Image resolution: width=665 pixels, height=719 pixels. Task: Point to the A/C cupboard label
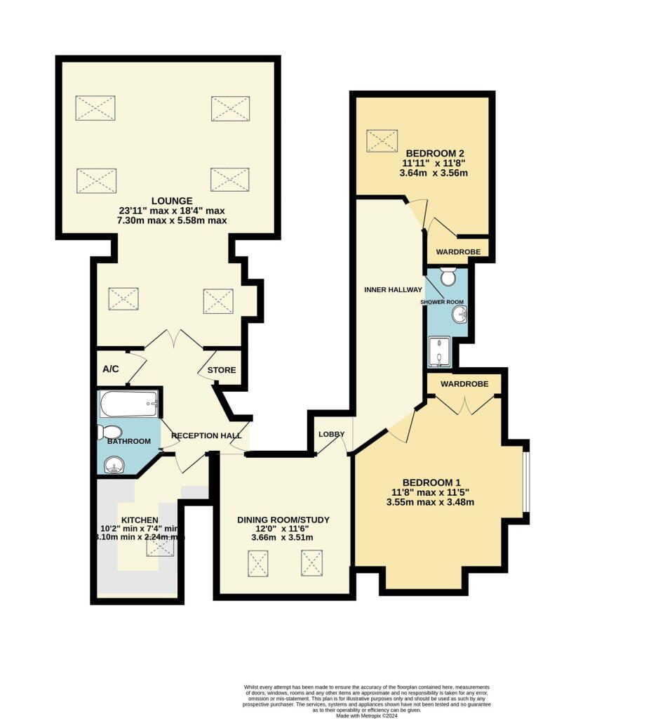point(109,368)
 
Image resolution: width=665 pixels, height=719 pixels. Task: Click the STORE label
point(222,370)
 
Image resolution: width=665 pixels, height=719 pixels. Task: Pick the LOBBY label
point(332,434)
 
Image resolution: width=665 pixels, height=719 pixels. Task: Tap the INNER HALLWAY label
point(393,289)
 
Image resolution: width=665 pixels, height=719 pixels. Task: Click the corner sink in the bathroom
point(113,464)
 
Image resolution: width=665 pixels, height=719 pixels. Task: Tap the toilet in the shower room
point(448,277)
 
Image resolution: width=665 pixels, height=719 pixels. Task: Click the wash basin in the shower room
point(459,315)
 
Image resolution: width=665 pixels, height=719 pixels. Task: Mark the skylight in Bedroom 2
point(383,140)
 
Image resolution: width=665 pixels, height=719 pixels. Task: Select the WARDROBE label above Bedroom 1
point(464,385)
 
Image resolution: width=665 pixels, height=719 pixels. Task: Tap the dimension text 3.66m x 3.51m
point(283,537)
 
